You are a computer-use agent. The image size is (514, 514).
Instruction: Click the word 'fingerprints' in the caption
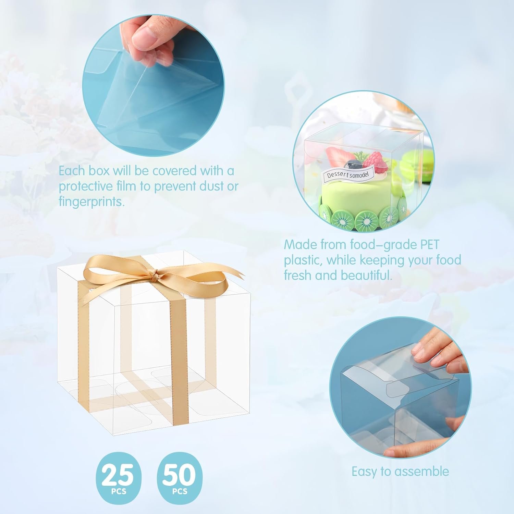pyautogui.click(x=91, y=201)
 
